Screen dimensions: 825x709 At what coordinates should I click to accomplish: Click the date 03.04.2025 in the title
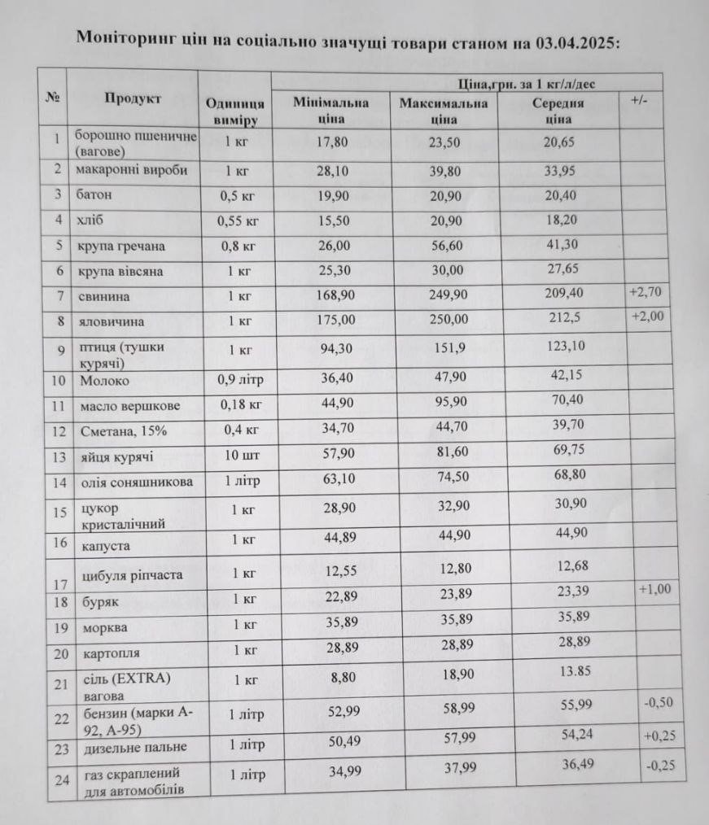(x=578, y=41)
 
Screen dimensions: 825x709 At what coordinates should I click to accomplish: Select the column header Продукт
(x=133, y=98)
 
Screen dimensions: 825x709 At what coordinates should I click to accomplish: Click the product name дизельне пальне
(x=134, y=747)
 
